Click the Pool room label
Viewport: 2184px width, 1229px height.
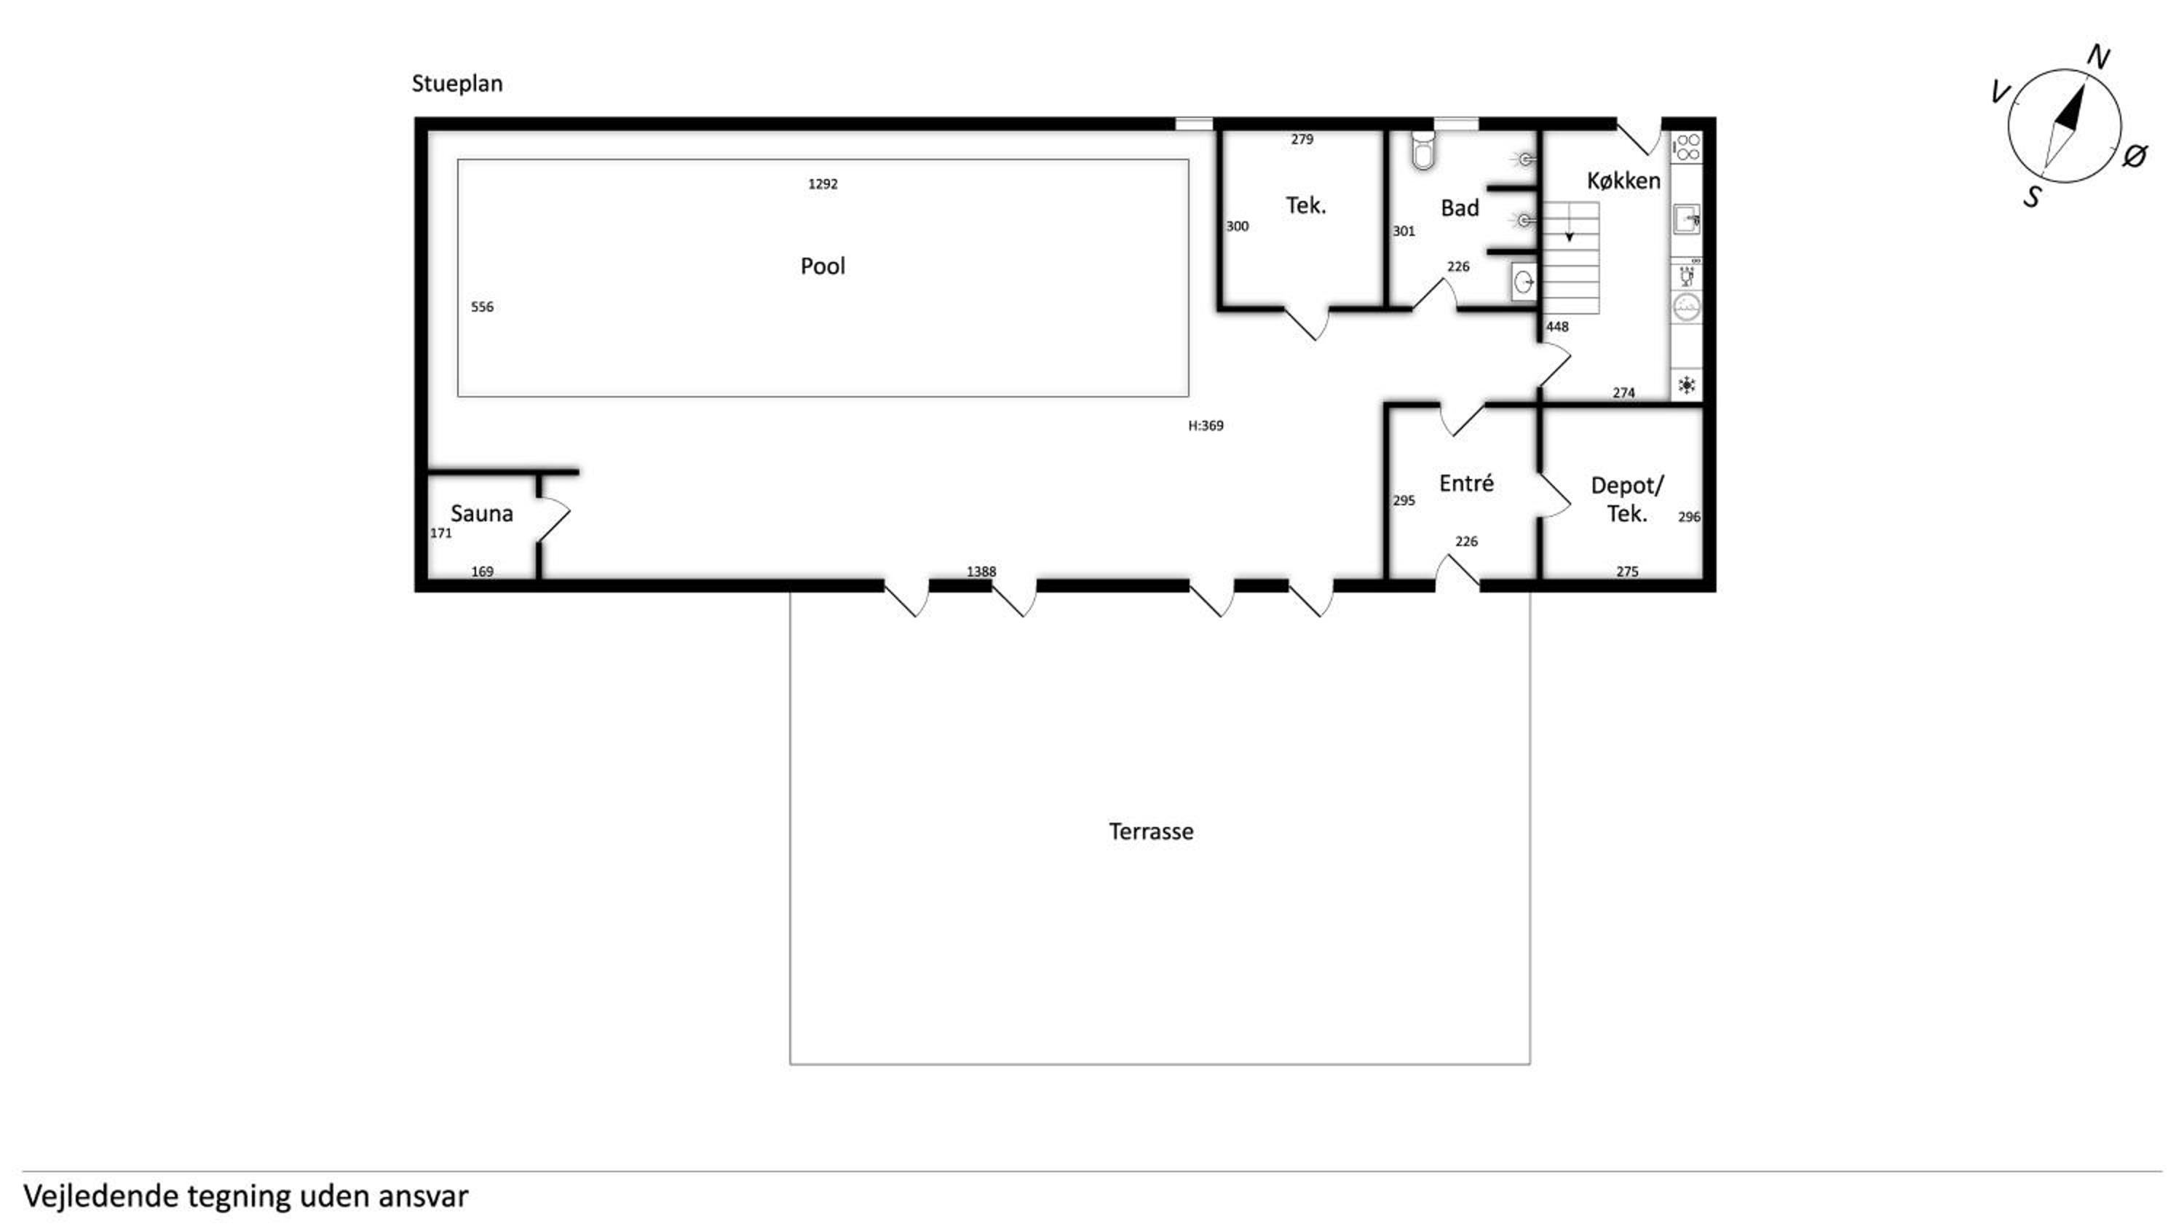point(823,266)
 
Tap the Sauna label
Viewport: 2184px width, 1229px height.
point(481,513)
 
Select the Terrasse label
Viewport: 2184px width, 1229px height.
point(1150,831)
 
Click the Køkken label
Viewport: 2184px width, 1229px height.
point(1623,181)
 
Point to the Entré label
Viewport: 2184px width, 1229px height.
point(1466,483)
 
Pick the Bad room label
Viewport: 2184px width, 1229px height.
point(1459,208)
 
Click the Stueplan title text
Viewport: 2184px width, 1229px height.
point(457,84)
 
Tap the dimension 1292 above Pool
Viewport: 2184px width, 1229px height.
point(823,183)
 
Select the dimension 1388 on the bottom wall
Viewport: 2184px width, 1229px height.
point(981,571)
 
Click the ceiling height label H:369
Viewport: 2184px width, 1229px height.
point(1206,425)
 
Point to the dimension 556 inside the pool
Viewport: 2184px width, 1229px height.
point(481,307)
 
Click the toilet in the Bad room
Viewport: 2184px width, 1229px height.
point(1423,150)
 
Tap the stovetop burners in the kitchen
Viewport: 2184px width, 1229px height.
point(1686,147)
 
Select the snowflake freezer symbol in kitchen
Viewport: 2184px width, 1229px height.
point(1686,385)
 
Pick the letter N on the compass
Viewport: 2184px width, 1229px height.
point(2097,57)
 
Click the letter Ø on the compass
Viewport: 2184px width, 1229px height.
point(2134,156)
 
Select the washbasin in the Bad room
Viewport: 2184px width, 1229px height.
point(1524,282)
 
